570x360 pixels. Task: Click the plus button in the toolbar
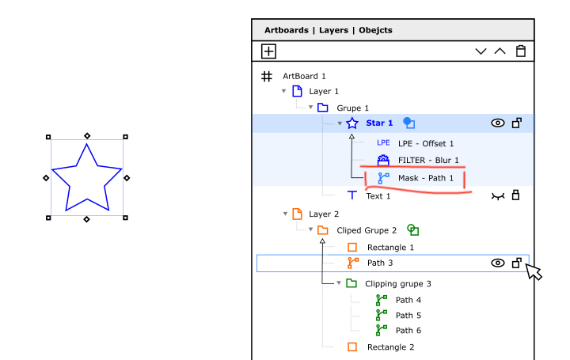[268, 51]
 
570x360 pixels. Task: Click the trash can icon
[521, 51]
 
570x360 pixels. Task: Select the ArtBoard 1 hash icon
[267, 76]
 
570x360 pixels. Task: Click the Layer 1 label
[324, 91]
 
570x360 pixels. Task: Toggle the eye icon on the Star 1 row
[498, 123]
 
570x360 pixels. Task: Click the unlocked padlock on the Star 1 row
[516, 123]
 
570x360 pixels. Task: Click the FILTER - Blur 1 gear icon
[383, 160]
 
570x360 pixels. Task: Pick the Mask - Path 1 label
[426, 178]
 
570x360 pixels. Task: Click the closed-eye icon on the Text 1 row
[498, 196]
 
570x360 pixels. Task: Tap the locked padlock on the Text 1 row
[515, 195]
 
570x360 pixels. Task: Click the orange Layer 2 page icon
[297, 214]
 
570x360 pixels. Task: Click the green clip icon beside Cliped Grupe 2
[412, 230]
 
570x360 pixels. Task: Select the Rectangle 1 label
[390, 248]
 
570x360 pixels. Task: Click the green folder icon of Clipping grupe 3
[351, 283]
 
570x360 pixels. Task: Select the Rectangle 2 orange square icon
[351, 347]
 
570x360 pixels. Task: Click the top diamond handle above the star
[87, 136]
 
